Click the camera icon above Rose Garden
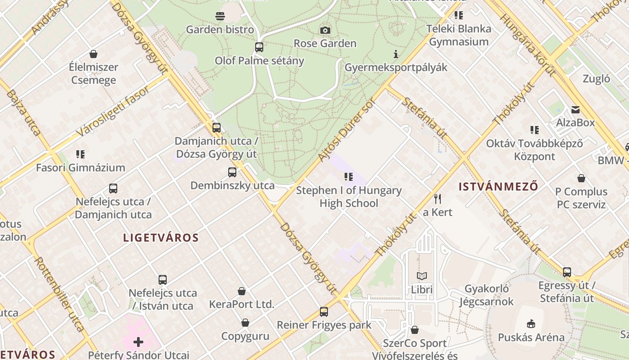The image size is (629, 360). [x=325, y=30]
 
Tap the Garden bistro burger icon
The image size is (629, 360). [x=220, y=17]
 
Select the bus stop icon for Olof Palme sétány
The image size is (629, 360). [x=259, y=47]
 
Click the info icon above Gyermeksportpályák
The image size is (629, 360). [x=395, y=54]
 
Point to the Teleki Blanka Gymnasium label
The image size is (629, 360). [x=459, y=35]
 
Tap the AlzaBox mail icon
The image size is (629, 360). [x=575, y=109]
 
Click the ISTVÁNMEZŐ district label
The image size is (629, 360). [x=498, y=186]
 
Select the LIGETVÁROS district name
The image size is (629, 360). [x=161, y=238]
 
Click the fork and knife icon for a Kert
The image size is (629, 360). [x=438, y=198]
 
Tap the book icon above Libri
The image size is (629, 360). [x=421, y=276]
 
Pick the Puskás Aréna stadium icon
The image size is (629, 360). [x=531, y=324]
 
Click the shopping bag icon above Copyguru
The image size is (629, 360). [x=245, y=323]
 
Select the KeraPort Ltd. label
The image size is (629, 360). [x=241, y=304]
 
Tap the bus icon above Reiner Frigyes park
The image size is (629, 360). [x=324, y=311]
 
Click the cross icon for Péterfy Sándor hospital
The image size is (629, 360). [x=138, y=342]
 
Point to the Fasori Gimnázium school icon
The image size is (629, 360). [x=80, y=154]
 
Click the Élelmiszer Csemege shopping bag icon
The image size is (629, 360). [x=93, y=54]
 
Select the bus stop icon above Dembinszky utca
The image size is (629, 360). [x=232, y=172]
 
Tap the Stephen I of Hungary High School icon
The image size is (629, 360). [x=349, y=177]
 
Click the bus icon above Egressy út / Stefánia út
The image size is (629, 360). [x=567, y=272]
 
